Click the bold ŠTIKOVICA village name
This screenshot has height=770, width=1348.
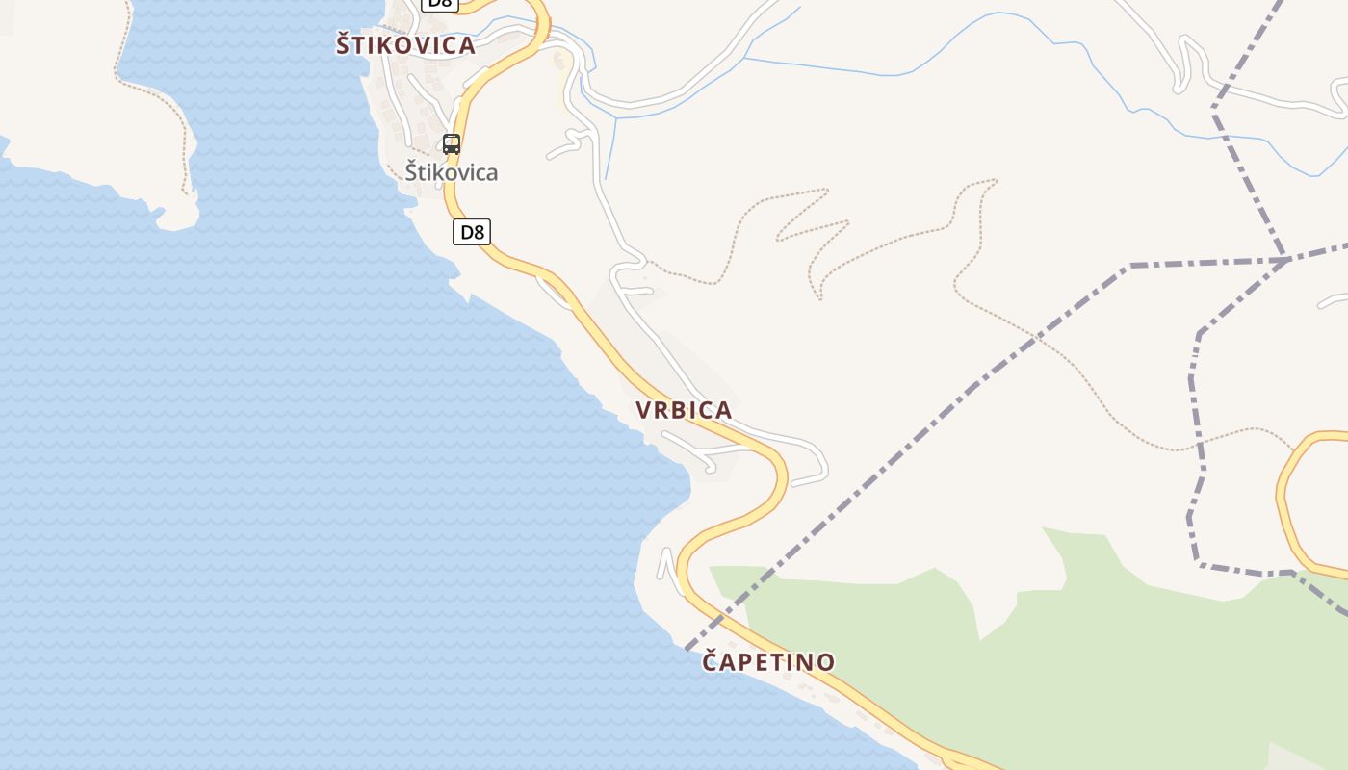405,45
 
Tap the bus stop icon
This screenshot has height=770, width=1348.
451,144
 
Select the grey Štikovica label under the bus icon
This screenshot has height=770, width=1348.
451,173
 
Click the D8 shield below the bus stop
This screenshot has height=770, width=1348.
472,232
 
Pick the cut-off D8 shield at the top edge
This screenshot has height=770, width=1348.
439,4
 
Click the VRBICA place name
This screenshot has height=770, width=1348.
684,410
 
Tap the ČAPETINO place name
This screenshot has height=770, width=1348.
768,662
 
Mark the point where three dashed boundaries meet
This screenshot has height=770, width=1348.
1286,259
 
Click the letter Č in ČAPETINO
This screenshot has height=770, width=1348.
712,661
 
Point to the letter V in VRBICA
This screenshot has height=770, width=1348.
644,410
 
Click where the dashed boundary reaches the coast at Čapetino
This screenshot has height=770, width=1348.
689,648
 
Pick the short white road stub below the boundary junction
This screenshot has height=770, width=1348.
1334,301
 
